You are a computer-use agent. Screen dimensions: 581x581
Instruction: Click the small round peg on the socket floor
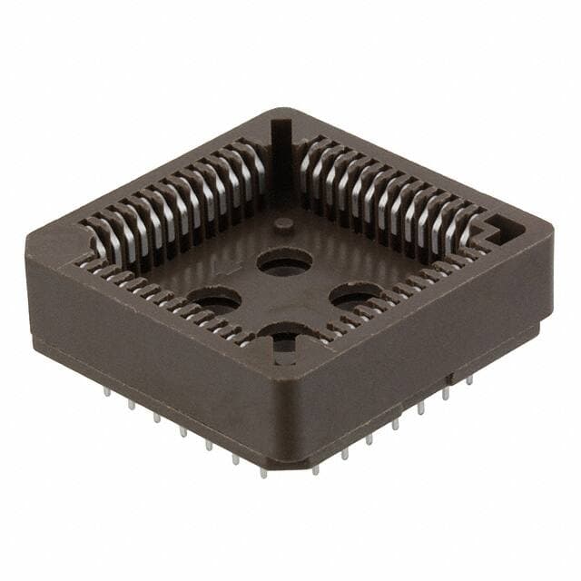284,223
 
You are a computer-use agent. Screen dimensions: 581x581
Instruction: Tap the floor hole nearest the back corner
284,262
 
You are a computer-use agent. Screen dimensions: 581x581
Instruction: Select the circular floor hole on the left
214,300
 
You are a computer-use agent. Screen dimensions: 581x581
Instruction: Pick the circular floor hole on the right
355,295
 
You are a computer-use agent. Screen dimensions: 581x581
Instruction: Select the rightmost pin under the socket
469,379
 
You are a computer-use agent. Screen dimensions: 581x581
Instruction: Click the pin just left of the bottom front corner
262,471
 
